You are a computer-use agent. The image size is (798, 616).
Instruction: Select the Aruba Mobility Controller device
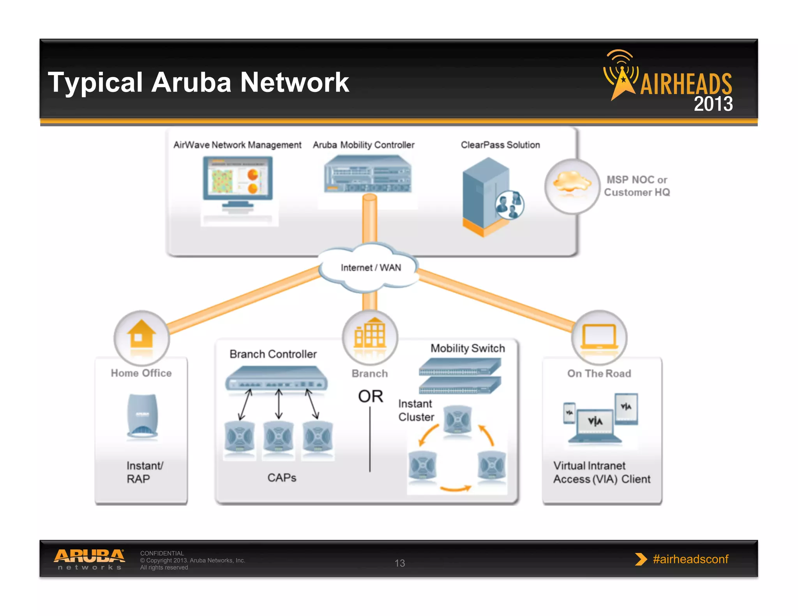[x=368, y=174]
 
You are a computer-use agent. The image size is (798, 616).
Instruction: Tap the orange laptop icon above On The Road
[x=599, y=336]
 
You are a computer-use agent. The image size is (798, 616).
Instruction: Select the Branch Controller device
[x=276, y=378]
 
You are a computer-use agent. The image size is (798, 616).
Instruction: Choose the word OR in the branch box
[x=371, y=396]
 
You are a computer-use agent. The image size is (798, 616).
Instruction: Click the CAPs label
[x=282, y=478]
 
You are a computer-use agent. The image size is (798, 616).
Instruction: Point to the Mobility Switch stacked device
[x=460, y=376]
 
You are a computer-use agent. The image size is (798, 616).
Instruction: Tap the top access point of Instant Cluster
[x=457, y=420]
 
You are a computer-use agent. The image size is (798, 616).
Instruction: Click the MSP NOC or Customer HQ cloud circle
[x=572, y=186]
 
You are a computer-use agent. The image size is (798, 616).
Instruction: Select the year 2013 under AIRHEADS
[x=713, y=104]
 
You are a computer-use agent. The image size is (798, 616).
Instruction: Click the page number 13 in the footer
[x=400, y=563]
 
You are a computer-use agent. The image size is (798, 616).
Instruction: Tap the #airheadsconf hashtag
[x=690, y=559]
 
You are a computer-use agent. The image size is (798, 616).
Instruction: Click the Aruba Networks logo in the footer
[x=90, y=559]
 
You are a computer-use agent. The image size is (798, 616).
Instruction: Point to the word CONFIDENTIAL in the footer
[x=162, y=553]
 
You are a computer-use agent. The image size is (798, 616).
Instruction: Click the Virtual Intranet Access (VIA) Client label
[x=602, y=472]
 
